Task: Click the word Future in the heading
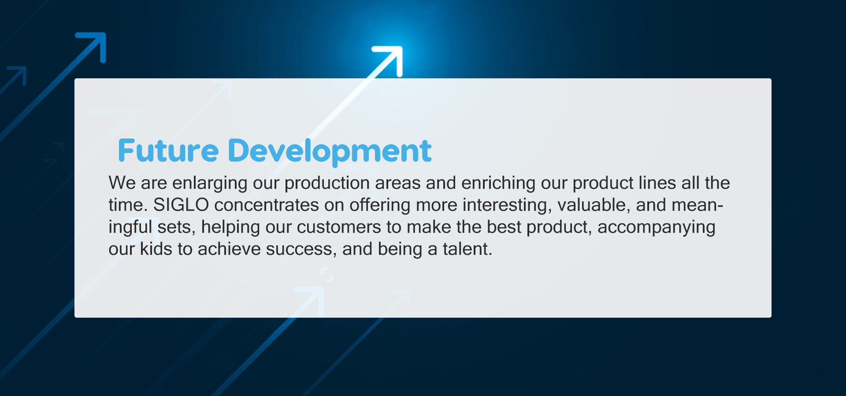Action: (x=168, y=150)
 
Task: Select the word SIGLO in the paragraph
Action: (x=181, y=205)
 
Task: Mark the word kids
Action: (x=156, y=249)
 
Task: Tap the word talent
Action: (x=468, y=249)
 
